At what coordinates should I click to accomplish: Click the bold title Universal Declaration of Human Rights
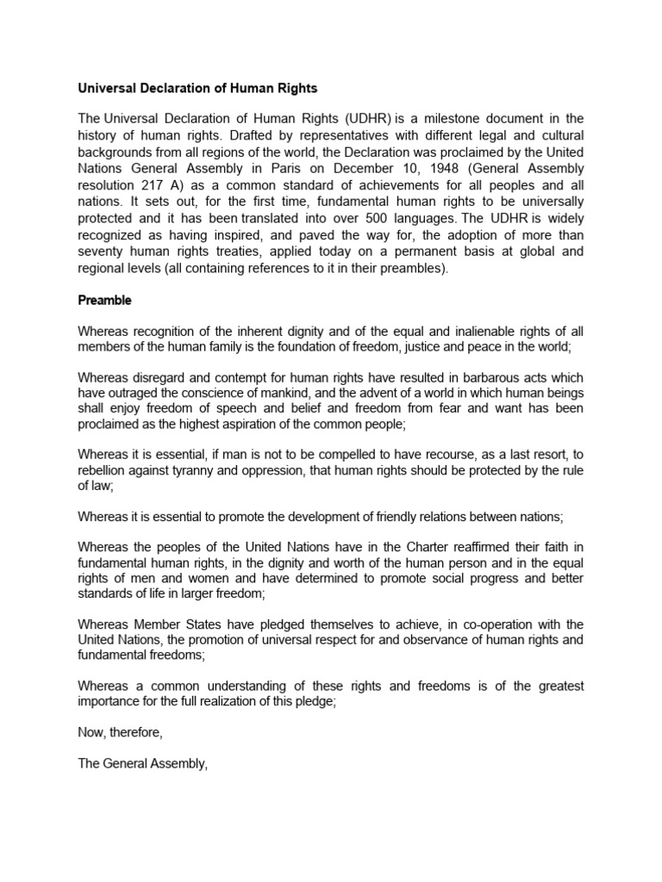[198, 88]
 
